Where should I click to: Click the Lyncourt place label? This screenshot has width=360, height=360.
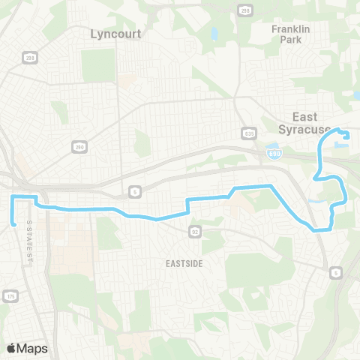(115, 34)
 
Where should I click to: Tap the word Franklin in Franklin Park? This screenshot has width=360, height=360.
(286, 29)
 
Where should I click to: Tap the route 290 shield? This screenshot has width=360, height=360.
(78, 147)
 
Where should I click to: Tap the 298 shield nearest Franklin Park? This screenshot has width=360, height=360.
(245, 10)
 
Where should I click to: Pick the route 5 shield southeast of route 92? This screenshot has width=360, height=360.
(336, 271)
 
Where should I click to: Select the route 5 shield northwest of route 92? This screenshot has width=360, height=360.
(133, 190)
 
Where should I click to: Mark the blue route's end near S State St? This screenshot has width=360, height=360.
(14, 222)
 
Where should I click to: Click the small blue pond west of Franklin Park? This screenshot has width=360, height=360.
(214, 34)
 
